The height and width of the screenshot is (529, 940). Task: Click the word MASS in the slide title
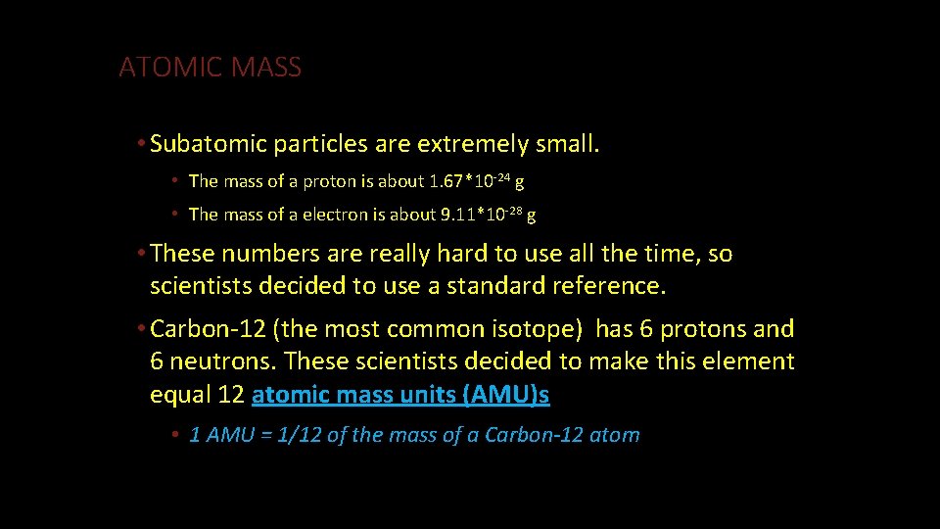click(x=267, y=68)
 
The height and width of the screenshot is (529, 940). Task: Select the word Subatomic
click(x=209, y=145)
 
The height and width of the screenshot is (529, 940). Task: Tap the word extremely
click(x=473, y=145)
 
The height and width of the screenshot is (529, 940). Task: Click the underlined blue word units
click(x=417, y=395)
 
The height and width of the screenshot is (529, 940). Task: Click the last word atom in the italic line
click(x=615, y=435)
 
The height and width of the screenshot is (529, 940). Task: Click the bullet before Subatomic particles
click(x=143, y=145)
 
